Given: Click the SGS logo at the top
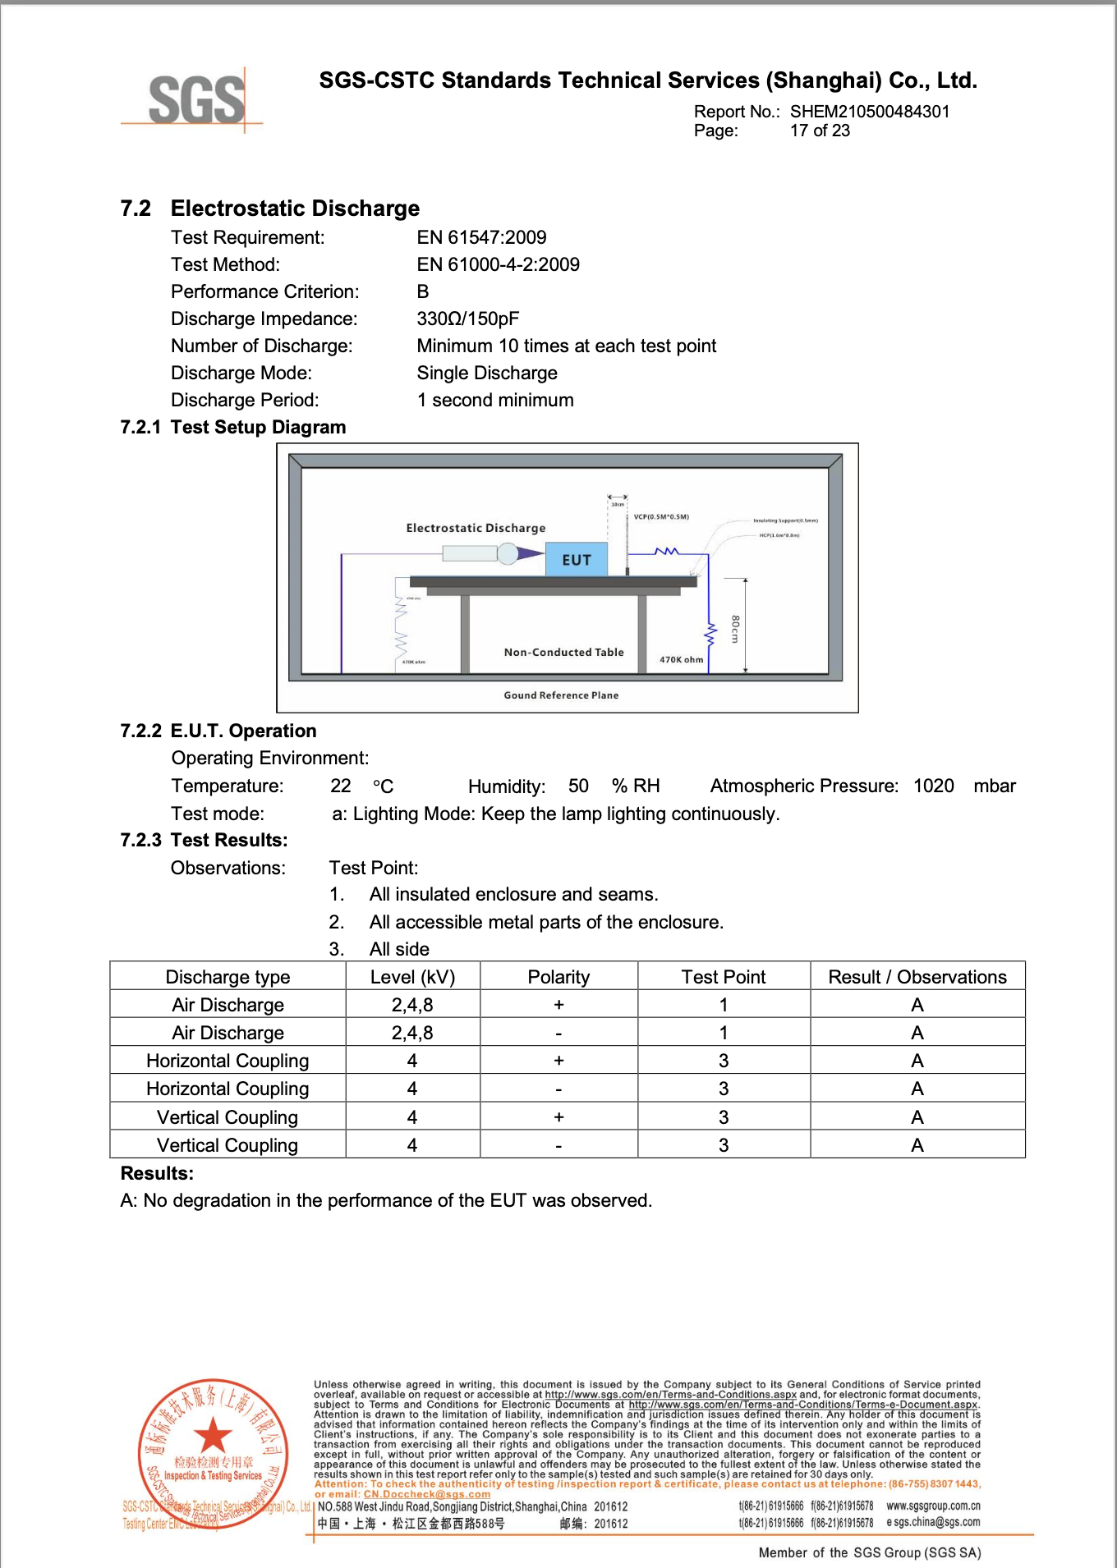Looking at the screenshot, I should (x=196, y=100).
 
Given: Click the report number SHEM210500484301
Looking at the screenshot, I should (x=869, y=112).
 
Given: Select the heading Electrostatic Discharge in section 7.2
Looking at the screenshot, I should (x=295, y=209).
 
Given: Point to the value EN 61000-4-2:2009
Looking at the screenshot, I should (x=498, y=264).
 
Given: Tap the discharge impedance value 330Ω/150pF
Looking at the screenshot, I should (x=467, y=319).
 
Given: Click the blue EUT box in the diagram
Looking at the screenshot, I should (x=577, y=559).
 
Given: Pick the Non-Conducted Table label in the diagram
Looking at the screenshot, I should (x=563, y=653).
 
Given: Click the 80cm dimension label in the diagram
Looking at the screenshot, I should (x=735, y=629).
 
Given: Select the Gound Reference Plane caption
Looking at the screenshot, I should (x=561, y=695).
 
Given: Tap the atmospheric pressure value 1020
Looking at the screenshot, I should (x=933, y=786).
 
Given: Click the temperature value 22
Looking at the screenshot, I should (x=340, y=786).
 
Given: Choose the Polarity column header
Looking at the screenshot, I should (x=558, y=977).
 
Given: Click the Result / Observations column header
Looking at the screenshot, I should (x=917, y=977).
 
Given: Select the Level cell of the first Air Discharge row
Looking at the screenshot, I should (x=412, y=1005).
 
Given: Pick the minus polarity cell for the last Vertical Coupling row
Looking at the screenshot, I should (x=558, y=1145).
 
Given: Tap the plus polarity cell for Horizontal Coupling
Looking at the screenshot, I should (x=558, y=1061).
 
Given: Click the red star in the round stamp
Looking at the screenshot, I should (x=214, y=1435).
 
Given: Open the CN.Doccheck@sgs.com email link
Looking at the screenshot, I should (x=426, y=1494).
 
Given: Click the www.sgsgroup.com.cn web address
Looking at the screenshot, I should (x=933, y=1506).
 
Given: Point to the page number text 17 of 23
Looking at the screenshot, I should (x=820, y=131).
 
